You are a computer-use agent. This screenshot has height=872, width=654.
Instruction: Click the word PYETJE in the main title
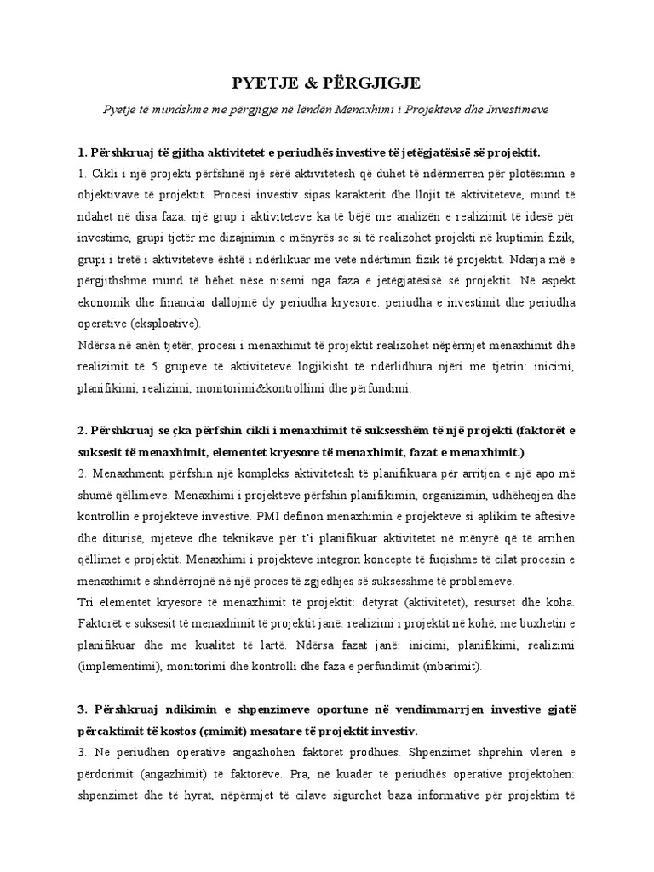266,83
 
